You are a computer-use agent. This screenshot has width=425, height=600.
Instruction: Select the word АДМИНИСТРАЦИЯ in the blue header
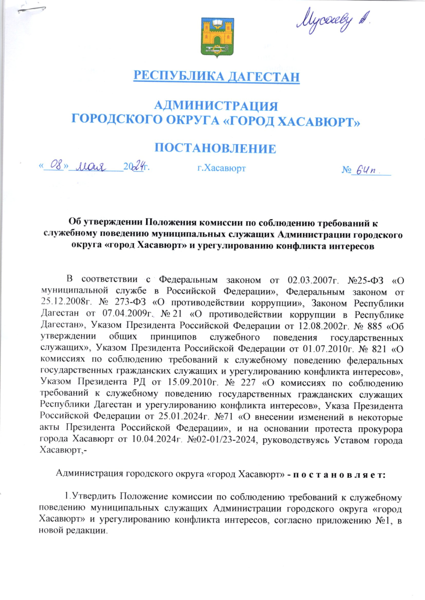[x=215, y=106]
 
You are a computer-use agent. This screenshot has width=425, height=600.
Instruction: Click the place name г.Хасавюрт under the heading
[x=221, y=169]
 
